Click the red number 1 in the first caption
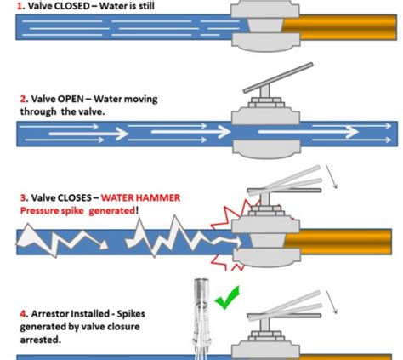tap(20, 6)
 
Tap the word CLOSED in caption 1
tap(71, 6)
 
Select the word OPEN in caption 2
tap(71, 99)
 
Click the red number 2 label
tap(23, 99)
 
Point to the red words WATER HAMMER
tap(140, 197)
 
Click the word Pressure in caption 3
tap(38, 211)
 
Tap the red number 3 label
tap(23, 197)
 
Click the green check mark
tap(227, 298)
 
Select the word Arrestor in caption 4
tap(50, 314)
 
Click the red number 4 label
tap(23, 314)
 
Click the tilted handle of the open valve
tap(278, 78)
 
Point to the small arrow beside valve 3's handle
tap(332, 177)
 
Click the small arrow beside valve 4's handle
tap(332, 302)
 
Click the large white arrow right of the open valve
tap(309, 132)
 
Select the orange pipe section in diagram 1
tap(339, 27)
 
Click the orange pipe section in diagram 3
tap(338, 242)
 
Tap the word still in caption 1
tap(146, 6)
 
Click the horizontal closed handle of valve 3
tap(284, 191)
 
